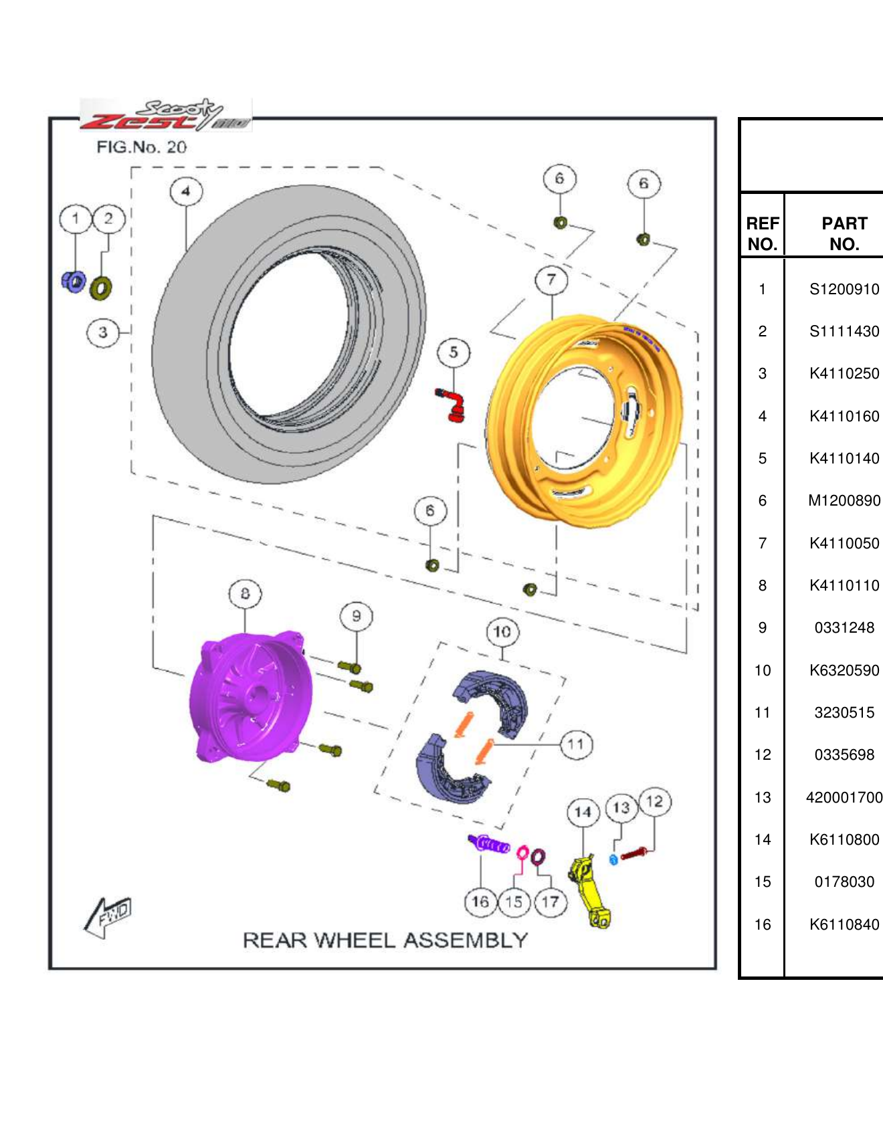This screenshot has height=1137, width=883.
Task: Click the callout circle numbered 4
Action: [x=186, y=191]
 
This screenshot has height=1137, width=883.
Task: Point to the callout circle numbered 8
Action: [x=245, y=594]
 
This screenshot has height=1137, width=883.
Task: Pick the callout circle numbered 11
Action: [x=576, y=744]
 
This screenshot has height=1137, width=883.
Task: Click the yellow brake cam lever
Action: [x=589, y=893]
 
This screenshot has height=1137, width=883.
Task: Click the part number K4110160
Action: [x=844, y=416]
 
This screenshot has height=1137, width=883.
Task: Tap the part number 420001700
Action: [x=844, y=797]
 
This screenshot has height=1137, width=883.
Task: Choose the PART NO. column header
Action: [x=844, y=233]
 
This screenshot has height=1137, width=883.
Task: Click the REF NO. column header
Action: [x=762, y=233]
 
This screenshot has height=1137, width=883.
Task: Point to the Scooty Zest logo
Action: [x=166, y=115]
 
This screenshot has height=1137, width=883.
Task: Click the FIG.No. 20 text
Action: [x=141, y=147]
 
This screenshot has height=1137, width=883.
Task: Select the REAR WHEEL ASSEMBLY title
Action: [x=385, y=940]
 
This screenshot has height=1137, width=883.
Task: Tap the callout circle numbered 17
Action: [x=550, y=902]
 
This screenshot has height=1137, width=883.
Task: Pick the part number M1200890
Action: [x=844, y=501]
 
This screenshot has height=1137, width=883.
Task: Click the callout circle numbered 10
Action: [x=502, y=632]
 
